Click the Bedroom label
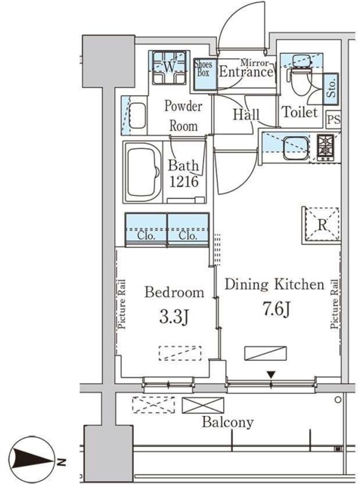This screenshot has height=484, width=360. [174, 292]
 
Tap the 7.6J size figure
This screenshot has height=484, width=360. [276, 309]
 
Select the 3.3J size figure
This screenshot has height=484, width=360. [173, 317]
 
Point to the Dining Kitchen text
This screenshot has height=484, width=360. [275, 284]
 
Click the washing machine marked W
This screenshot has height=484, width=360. [169, 67]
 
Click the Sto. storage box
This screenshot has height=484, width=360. [331, 88]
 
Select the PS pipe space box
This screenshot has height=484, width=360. [334, 119]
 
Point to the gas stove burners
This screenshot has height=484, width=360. [325, 148]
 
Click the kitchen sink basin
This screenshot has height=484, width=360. [296, 148]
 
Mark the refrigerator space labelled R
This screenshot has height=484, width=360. [321, 225]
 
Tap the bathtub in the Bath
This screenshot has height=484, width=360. [144, 172]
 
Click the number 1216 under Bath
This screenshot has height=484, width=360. [184, 181]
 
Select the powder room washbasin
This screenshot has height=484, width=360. [137, 115]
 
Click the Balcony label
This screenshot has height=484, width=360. [228, 422]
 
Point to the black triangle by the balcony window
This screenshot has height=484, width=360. [271, 375]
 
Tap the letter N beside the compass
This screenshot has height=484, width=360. [62, 461]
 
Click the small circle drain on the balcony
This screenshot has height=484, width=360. [338, 400]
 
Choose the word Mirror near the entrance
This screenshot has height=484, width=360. [256, 63]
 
